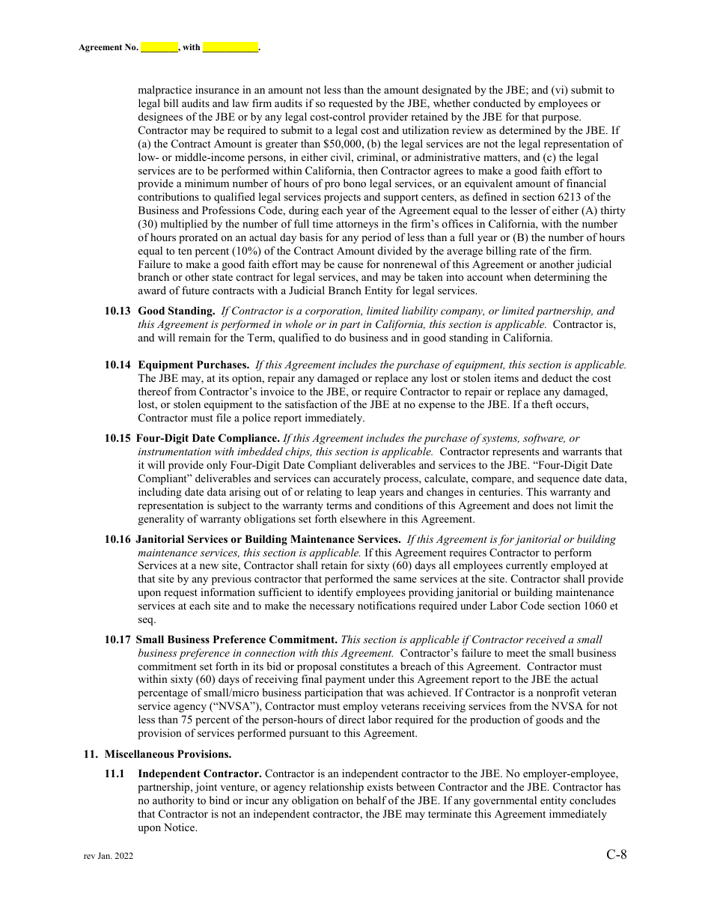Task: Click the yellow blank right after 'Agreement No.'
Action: click(x=159, y=47)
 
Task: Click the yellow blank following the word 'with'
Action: click(x=231, y=47)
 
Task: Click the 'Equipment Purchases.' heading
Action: click(x=194, y=365)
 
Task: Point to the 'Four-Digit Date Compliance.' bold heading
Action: click(x=207, y=438)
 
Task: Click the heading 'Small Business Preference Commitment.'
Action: click(x=237, y=639)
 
